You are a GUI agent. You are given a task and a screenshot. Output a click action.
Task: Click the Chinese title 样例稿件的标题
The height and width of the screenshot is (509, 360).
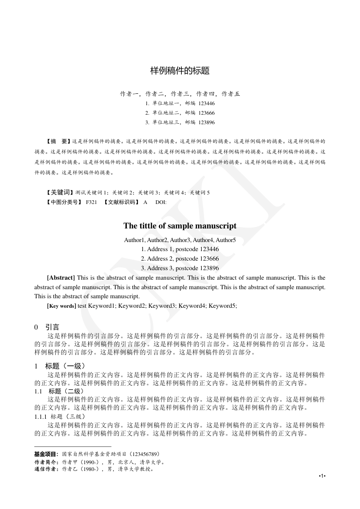[180, 71]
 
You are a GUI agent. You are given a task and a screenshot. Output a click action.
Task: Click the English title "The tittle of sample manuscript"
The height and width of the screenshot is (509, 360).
[180, 226]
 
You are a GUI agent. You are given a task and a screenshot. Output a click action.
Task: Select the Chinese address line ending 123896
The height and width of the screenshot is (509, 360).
[180, 122]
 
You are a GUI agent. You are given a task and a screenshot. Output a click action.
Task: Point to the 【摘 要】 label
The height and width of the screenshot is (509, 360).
[59, 141]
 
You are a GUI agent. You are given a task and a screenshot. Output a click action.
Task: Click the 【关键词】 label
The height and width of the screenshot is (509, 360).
[60, 193]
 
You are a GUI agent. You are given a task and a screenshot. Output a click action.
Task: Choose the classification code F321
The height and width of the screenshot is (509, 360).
[91, 202]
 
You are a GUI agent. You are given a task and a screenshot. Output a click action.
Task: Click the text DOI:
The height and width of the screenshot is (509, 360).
[161, 202]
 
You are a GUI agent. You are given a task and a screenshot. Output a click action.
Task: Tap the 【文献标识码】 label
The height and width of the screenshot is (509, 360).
[121, 202]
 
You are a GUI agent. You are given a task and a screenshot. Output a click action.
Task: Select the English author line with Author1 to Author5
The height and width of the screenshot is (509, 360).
[180, 240]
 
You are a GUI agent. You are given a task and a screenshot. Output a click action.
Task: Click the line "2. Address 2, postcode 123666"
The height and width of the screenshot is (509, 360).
[180, 258]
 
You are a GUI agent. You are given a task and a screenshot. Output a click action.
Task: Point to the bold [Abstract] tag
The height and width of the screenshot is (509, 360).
[61, 277]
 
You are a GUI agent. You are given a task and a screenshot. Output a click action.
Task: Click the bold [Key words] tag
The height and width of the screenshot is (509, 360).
[62, 306]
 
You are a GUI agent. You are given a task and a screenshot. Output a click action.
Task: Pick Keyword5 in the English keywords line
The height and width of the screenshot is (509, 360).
[222, 306]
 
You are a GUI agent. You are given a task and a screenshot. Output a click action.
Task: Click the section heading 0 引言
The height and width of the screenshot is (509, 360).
[47, 327]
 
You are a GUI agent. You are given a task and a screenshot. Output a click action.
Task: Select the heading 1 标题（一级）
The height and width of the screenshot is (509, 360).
[59, 366]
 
